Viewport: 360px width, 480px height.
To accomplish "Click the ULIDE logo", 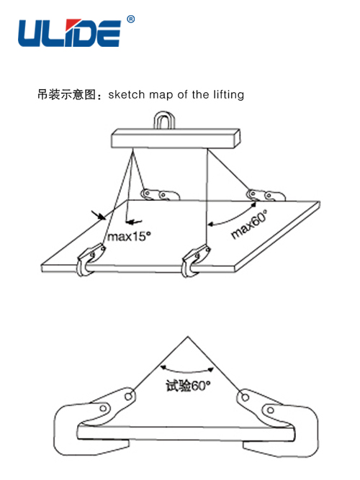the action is coord(70,33).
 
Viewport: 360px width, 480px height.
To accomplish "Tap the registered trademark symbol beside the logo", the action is coord(131,19).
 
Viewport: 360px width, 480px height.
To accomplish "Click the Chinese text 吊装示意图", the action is coord(66,94).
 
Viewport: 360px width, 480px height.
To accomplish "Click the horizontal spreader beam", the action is coord(175,139).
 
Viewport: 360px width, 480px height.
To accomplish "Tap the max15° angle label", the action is coord(129,236).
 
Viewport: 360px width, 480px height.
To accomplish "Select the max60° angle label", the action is coord(249,224).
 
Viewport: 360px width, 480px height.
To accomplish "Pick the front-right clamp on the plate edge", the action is coord(195,261).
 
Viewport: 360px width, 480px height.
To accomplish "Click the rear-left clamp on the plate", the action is coord(159,194).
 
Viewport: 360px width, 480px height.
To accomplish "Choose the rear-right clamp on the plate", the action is coord(266,195).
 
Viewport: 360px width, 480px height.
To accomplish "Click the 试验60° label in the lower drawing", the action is coord(188,386).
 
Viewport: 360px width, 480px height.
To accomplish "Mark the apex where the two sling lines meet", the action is coord(188,337).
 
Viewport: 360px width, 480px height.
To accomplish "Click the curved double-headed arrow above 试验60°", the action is coord(187,371).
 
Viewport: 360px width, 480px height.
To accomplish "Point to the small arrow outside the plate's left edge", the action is coord(99,215).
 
